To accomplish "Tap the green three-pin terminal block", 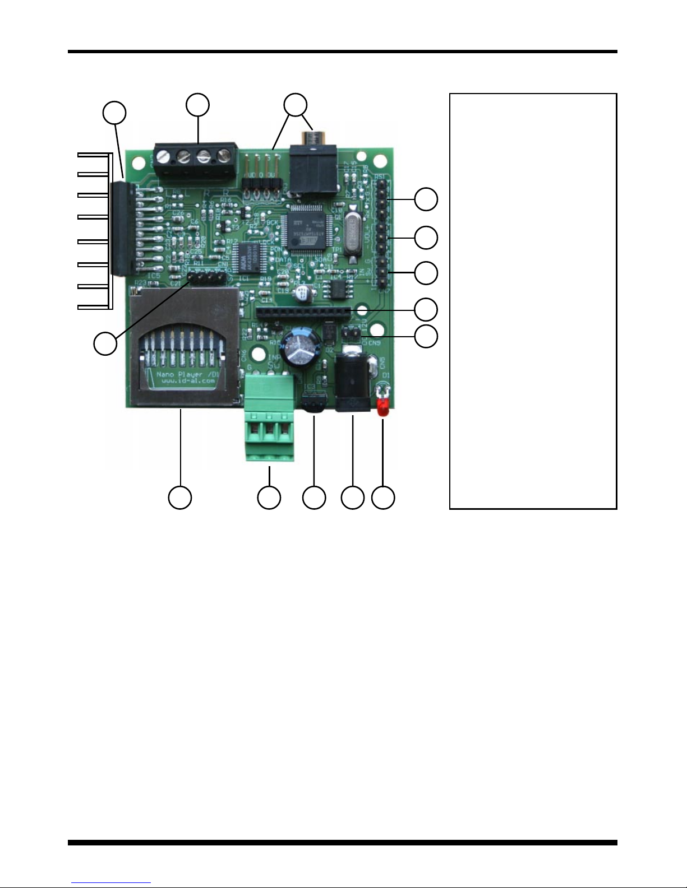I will [x=270, y=417].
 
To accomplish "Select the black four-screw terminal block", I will [x=194, y=162].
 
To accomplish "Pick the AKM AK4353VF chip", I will [x=248, y=257].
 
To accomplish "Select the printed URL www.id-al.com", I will [x=188, y=381].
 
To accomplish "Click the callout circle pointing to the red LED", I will [x=384, y=498].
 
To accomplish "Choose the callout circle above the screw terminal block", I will [x=198, y=105].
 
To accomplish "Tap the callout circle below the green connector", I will [x=269, y=498].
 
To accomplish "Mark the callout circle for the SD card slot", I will [x=180, y=498].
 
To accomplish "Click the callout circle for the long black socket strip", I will [x=426, y=309].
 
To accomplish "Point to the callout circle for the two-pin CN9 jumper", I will [x=426, y=336].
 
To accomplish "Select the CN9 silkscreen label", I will [x=374, y=342].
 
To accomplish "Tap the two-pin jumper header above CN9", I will [x=351, y=333].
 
